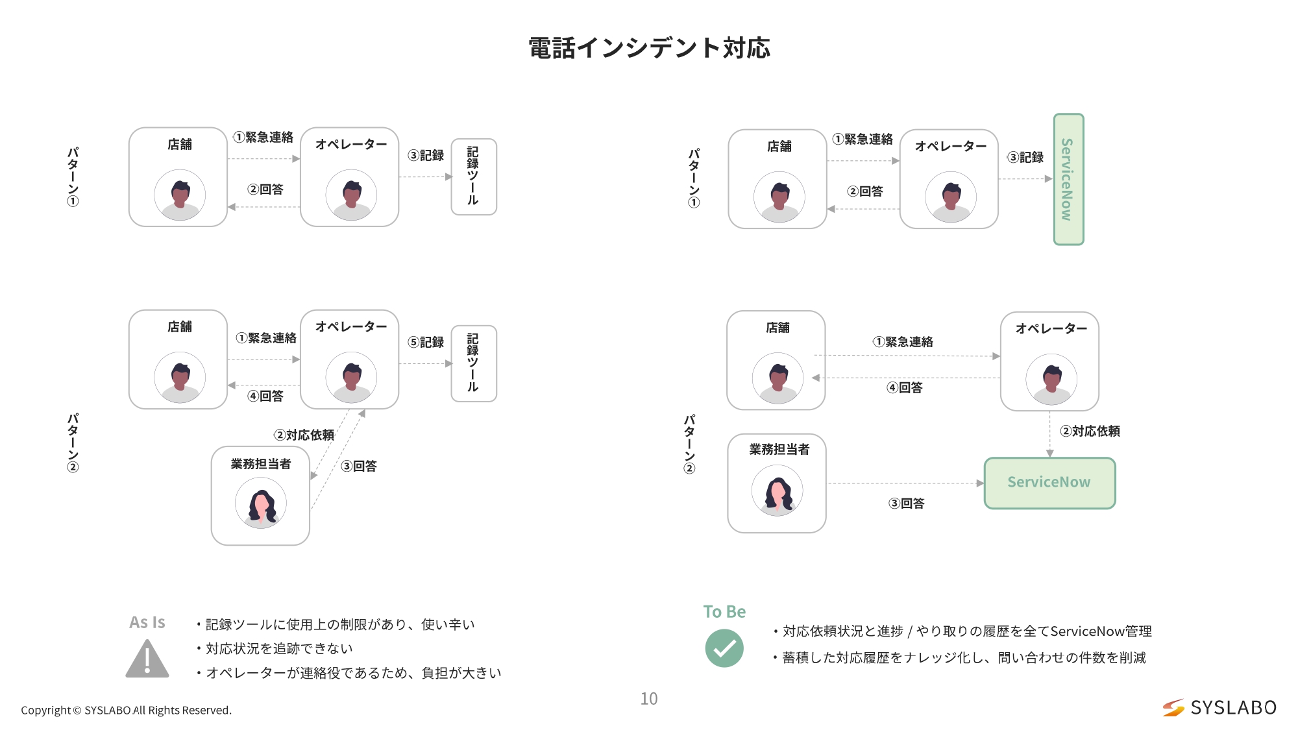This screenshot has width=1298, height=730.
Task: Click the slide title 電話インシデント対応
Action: [x=649, y=48]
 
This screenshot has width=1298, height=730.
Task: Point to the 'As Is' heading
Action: [x=147, y=622]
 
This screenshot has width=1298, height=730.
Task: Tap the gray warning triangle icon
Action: [x=147, y=659]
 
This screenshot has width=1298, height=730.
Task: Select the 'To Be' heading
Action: [x=724, y=611]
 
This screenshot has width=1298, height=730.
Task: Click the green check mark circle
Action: [x=724, y=648]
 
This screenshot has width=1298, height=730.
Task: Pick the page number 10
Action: [x=649, y=699]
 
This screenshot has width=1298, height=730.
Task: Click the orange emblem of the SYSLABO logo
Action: [x=1173, y=707]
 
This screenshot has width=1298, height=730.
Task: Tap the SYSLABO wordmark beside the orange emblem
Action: [x=1233, y=707]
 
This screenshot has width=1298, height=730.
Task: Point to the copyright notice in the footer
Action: [x=126, y=710]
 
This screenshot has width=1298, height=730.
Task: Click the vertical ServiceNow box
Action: [x=1068, y=180]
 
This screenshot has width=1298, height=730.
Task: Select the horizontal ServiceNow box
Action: [x=1049, y=483]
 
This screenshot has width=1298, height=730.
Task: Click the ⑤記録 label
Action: [x=426, y=342]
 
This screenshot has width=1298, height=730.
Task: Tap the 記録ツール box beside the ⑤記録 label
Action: [x=474, y=363]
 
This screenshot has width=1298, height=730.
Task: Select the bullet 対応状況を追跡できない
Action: [x=279, y=648]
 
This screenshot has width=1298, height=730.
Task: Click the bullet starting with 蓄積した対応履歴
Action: [x=964, y=657]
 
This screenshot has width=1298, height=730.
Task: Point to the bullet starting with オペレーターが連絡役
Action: [x=354, y=673]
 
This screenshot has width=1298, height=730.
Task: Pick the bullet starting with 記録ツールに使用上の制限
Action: [x=340, y=624]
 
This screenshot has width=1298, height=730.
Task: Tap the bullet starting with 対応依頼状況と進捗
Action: [x=967, y=631]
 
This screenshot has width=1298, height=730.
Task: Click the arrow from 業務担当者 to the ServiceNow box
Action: [x=905, y=483]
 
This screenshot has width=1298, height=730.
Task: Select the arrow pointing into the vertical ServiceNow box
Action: [x=1025, y=178]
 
